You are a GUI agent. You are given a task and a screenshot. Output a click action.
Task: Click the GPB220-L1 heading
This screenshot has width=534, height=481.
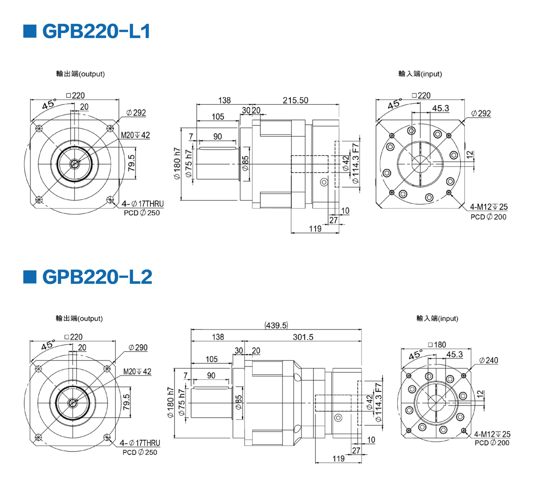(x=96, y=31)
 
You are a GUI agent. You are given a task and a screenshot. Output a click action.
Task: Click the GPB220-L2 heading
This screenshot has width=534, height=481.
(x=97, y=277)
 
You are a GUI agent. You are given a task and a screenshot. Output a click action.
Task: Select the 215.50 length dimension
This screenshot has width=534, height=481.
(x=295, y=100)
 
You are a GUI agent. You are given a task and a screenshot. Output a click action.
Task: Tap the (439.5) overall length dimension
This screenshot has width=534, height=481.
(x=276, y=325)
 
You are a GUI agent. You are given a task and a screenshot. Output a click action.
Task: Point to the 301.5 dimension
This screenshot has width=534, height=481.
(x=303, y=337)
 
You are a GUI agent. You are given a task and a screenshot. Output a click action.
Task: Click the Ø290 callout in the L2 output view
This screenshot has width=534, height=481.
(x=138, y=347)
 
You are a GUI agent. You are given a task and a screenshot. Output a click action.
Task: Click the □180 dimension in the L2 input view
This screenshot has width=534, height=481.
(x=437, y=345)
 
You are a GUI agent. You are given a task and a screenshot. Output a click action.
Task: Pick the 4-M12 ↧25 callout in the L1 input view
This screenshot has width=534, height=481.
(x=489, y=207)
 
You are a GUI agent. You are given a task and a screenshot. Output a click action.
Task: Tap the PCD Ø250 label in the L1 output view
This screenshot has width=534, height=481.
(x=142, y=213)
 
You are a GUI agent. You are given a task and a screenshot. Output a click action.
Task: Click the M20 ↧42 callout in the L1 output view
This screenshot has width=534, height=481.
(x=135, y=135)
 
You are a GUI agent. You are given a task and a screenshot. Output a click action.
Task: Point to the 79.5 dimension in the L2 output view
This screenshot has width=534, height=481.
(x=126, y=402)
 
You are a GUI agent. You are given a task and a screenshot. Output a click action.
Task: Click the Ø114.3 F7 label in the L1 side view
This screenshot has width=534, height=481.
(x=356, y=163)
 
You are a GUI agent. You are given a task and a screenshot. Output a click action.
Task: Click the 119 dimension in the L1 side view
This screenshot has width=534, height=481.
(x=315, y=228)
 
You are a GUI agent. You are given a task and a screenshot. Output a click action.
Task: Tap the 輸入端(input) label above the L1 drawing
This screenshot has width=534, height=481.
(x=420, y=74)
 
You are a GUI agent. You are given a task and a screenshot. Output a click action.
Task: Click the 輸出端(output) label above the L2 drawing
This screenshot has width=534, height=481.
(x=79, y=318)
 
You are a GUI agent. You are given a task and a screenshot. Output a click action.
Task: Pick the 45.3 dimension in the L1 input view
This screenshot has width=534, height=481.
(x=441, y=108)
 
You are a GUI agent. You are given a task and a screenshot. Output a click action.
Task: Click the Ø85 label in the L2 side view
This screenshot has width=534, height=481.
(x=238, y=402)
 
